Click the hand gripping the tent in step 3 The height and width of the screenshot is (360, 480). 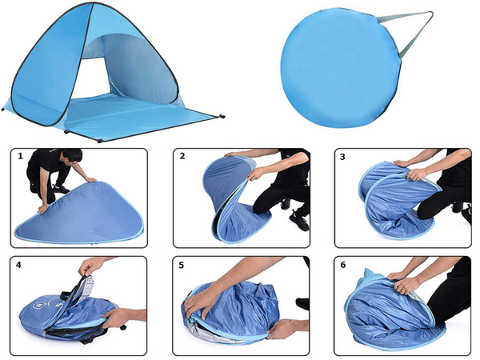pos(415,174)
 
